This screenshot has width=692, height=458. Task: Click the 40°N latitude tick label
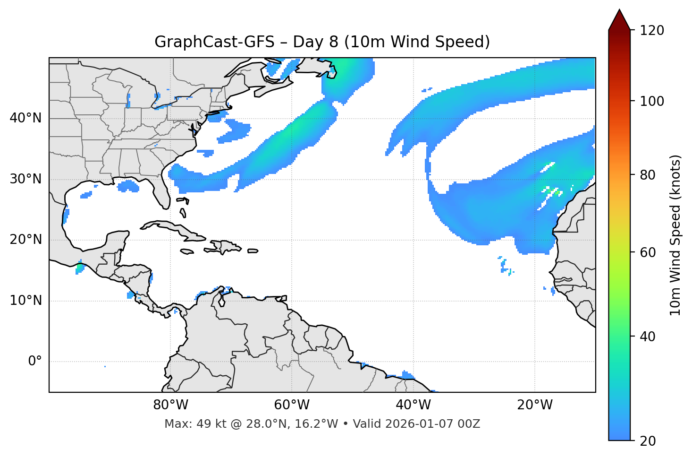point(25,118)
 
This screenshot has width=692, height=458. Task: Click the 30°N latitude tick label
point(25,179)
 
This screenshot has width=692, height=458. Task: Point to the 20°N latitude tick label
point(25,240)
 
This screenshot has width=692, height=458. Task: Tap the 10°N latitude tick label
point(25,301)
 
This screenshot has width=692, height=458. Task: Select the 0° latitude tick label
point(35,362)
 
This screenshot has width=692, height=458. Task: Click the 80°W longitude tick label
point(170,405)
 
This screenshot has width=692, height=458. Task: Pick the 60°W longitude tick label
point(292,405)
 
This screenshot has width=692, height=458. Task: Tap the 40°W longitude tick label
point(413,405)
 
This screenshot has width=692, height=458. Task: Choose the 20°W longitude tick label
point(534,405)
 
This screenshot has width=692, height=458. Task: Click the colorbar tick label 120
point(652,31)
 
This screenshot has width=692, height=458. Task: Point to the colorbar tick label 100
point(652,101)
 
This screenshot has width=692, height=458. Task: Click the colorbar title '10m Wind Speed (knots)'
point(675,235)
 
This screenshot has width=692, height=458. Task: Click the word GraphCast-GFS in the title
point(214,42)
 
